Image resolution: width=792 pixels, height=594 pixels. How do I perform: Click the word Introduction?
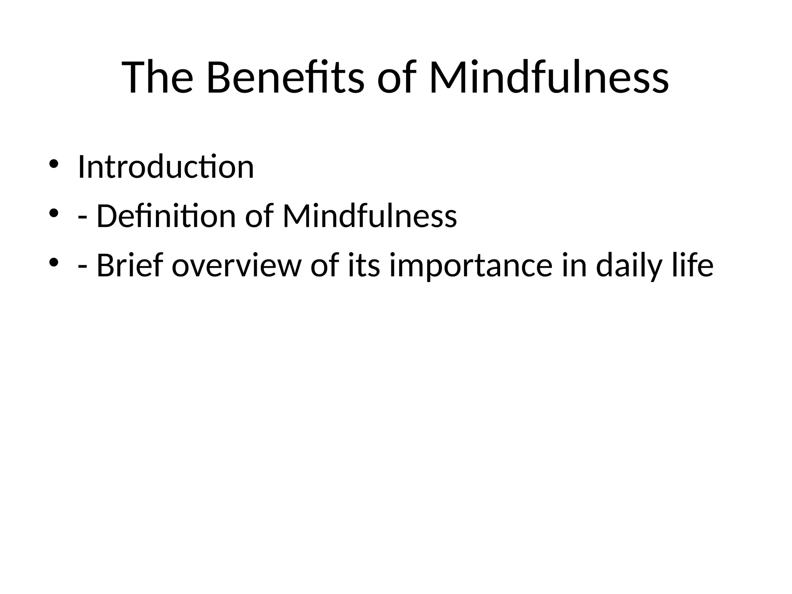(166, 167)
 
